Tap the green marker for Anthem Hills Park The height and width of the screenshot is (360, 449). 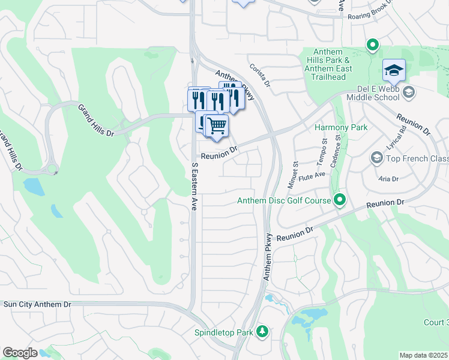point(372,44)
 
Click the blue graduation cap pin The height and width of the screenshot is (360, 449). point(393,72)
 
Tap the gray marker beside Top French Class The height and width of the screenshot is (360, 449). point(377,158)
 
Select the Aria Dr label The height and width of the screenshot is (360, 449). point(388,179)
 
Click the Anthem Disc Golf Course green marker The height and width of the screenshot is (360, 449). point(340,200)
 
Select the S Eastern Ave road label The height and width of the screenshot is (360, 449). point(194,185)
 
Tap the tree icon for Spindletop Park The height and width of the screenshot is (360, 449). point(261,332)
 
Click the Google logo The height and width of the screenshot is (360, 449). point(20,353)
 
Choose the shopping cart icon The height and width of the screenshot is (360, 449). point(217,126)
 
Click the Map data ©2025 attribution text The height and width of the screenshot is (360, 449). point(423,355)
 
